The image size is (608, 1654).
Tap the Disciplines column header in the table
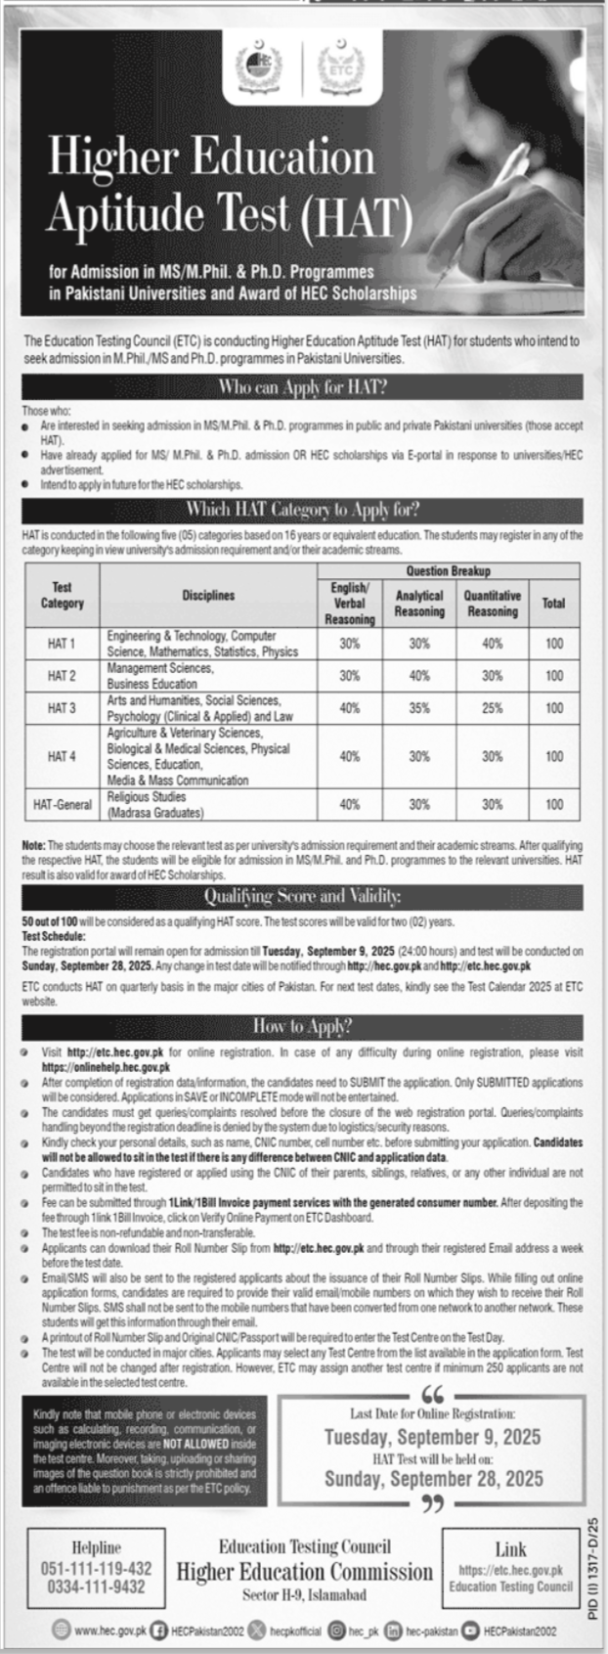tap(208, 595)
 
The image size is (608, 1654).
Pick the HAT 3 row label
tap(62, 708)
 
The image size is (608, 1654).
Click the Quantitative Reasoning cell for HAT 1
tap(492, 644)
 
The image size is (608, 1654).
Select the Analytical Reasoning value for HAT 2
tap(418, 676)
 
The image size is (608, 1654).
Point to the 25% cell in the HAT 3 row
tap(492, 708)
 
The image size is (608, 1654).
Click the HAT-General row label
tap(62, 805)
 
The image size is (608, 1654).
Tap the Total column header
tap(553, 603)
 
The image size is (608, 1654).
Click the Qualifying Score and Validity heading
tap(302, 896)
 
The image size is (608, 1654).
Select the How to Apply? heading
tap(302, 1026)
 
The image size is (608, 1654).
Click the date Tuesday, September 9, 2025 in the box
tap(432, 1437)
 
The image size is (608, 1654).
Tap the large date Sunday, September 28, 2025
tap(433, 1478)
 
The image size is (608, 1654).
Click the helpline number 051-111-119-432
tap(100, 1568)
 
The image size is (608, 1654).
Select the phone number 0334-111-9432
tap(100, 1587)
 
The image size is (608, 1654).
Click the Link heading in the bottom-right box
tap(510, 1549)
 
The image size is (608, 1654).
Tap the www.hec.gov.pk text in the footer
tap(109, 1632)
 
